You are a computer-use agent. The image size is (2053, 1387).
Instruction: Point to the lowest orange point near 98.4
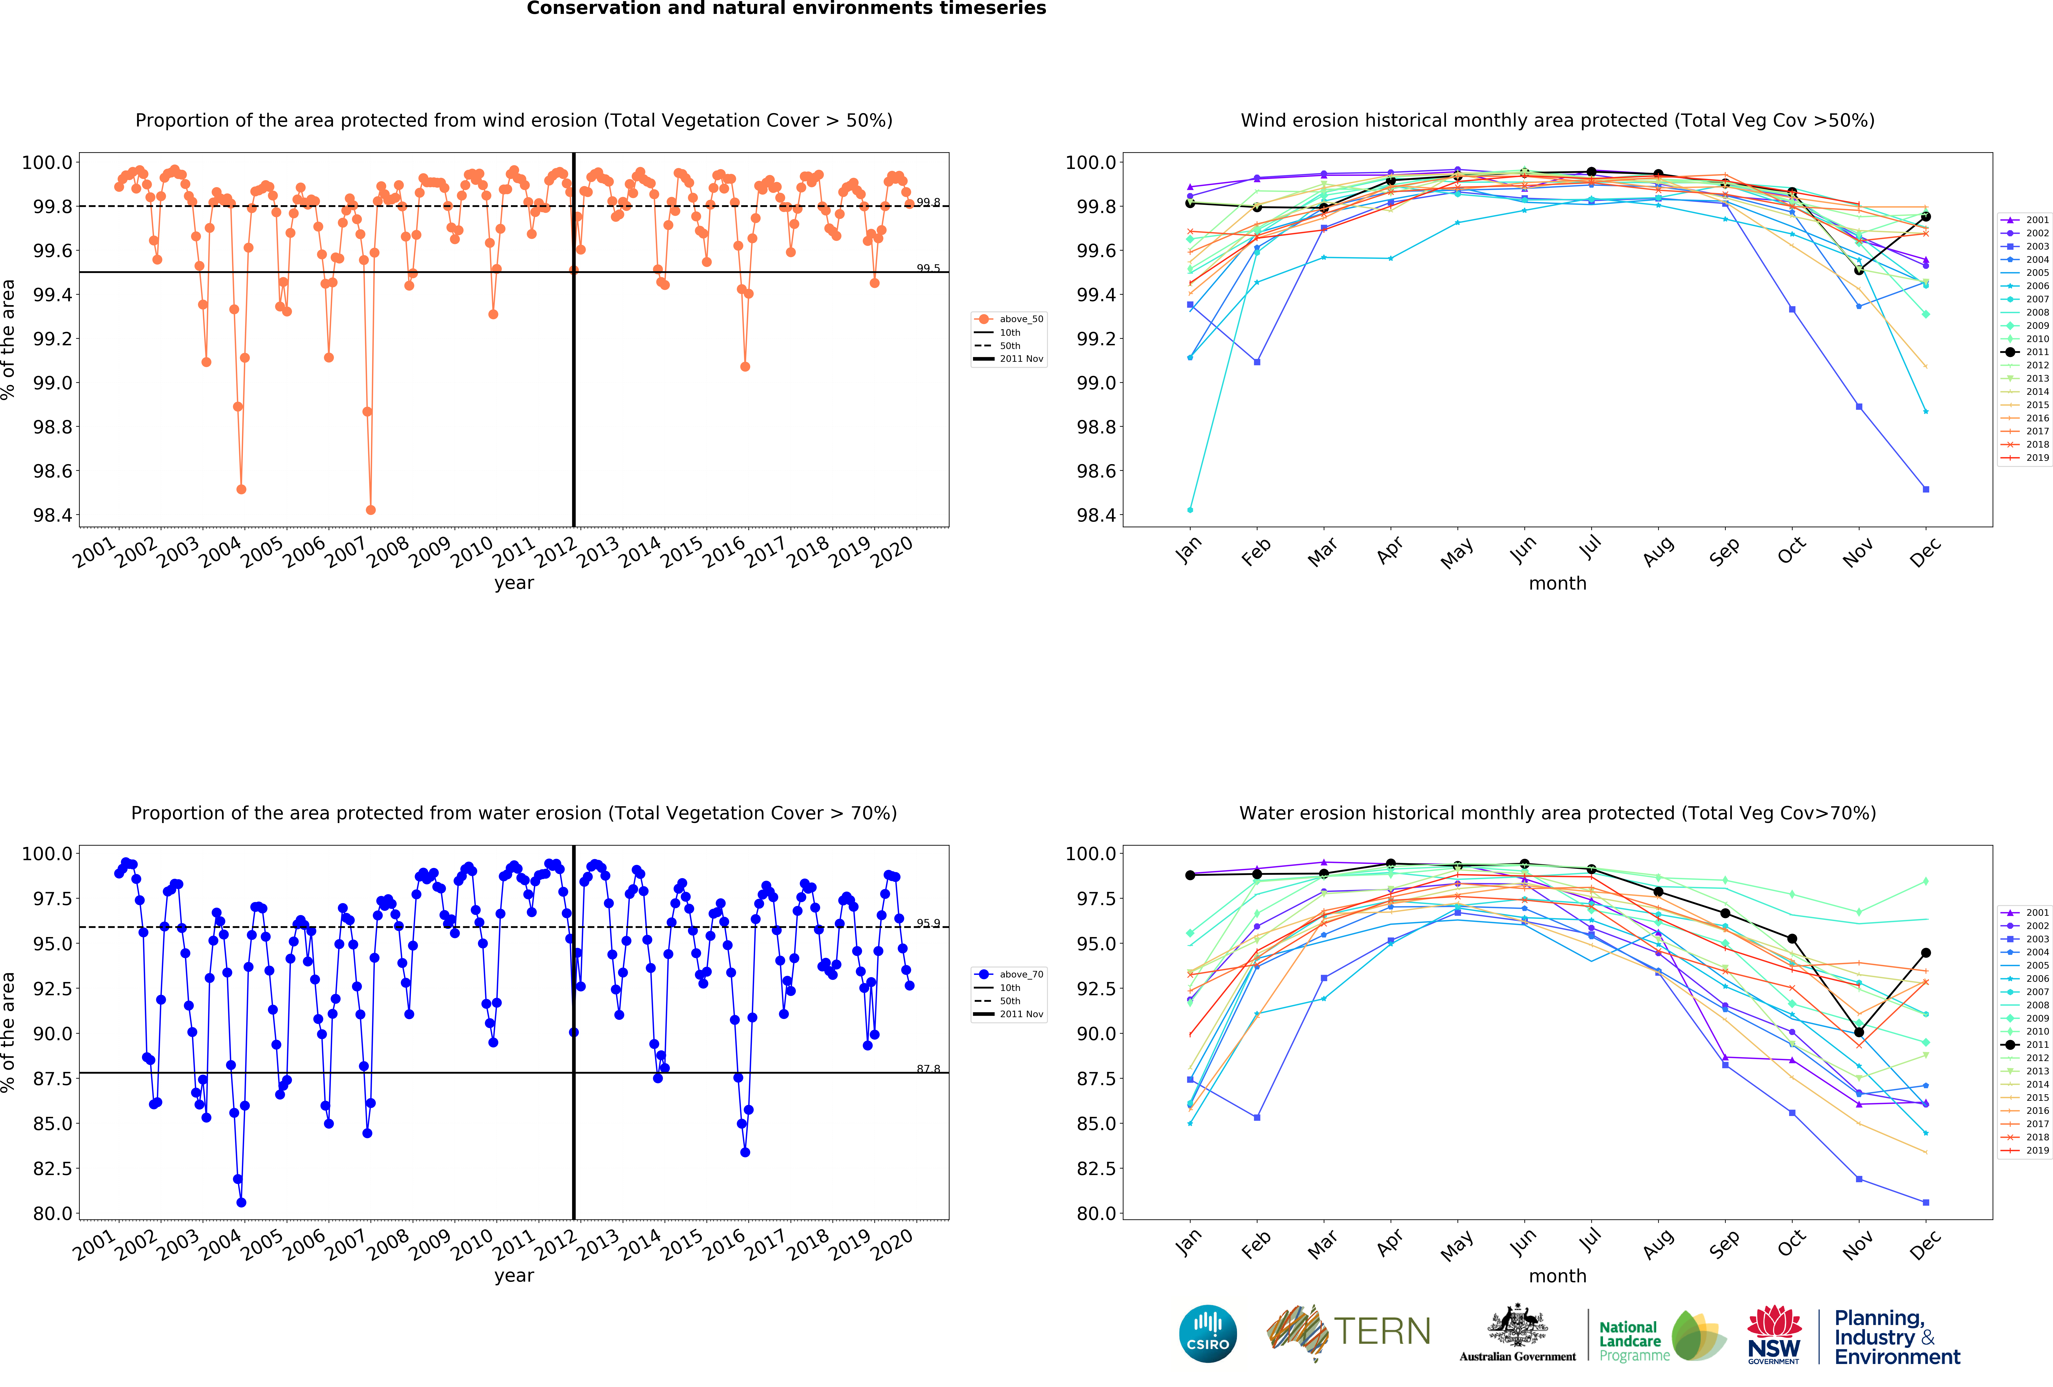click(x=370, y=510)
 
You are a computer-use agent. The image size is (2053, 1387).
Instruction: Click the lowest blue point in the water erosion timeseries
click(x=241, y=1202)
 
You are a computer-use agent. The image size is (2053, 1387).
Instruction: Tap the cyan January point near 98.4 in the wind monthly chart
click(x=1190, y=510)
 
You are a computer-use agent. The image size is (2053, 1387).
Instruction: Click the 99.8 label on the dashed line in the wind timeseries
click(x=928, y=202)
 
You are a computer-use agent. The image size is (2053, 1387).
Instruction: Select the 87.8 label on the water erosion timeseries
click(x=928, y=1069)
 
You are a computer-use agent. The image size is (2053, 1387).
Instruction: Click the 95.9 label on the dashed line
click(x=928, y=923)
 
